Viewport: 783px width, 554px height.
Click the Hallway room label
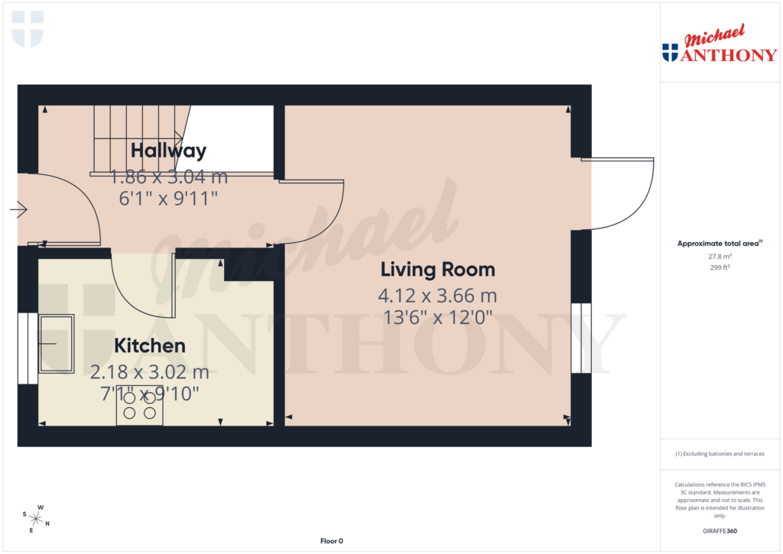[x=168, y=151]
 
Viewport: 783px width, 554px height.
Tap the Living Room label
[x=437, y=270]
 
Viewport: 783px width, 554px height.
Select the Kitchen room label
[x=150, y=346]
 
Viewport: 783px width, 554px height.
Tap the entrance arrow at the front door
[x=19, y=209]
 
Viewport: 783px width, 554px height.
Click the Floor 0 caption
[x=331, y=541]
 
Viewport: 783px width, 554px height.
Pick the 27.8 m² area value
[x=720, y=257]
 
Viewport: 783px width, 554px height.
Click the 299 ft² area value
[x=720, y=268]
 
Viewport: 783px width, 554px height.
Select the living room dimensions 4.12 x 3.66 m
[x=437, y=295]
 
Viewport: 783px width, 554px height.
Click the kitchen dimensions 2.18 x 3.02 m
[x=150, y=373]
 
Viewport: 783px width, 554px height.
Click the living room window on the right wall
[x=581, y=338]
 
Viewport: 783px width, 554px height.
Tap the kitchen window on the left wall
[x=28, y=348]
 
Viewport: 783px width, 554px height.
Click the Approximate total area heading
[x=719, y=244]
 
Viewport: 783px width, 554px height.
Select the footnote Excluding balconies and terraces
[x=720, y=454]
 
